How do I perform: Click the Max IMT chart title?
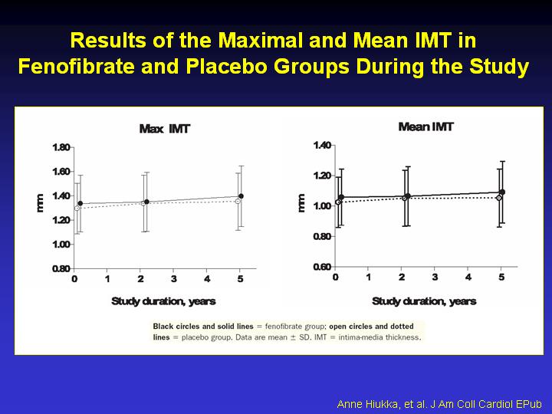coord(164,129)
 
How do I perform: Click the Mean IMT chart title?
coord(426,127)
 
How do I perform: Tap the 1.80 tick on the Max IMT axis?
coord(61,147)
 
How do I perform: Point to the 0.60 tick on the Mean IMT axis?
coord(323,267)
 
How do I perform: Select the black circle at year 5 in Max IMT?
coord(241,196)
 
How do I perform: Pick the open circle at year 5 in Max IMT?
coord(238,202)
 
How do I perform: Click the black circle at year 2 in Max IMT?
coord(146,202)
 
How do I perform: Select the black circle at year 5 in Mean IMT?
coord(502,192)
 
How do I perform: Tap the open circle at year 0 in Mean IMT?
coord(338,202)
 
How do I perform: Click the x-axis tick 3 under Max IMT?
coord(173,279)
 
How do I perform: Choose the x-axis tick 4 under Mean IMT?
coord(468,278)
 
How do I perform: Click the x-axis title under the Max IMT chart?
coord(163,301)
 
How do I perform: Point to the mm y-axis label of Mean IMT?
coord(301,203)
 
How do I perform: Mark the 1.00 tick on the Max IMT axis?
coord(61,245)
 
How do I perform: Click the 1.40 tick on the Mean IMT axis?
coord(323,145)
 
